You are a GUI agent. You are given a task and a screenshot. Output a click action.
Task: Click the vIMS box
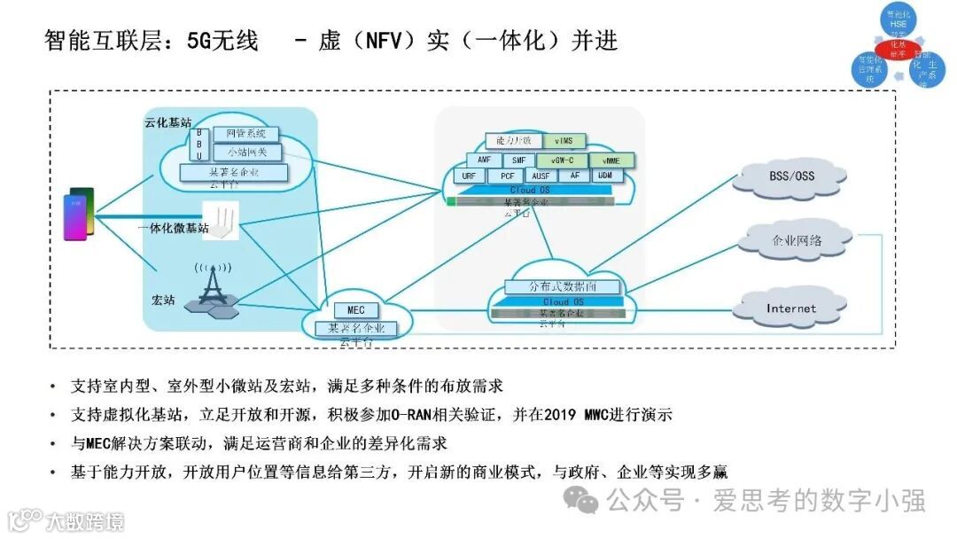(564, 141)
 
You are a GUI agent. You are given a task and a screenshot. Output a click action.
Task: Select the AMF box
(484, 160)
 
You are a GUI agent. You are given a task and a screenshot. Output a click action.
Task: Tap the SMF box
(519, 160)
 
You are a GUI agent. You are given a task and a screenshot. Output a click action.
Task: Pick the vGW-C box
(563, 160)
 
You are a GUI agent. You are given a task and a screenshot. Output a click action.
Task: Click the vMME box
(611, 160)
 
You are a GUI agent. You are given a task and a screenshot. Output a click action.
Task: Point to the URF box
(469, 176)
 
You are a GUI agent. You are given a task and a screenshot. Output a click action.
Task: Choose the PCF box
(508, 176)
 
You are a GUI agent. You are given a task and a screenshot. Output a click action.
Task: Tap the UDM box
(604, 176)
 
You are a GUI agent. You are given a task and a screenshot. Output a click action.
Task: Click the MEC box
(356, 310)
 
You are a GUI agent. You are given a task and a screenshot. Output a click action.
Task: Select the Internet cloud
(790, 309)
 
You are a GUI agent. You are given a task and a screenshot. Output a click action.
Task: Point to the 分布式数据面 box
(563, 286)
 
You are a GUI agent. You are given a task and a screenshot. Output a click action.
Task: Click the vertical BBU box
(199, 145)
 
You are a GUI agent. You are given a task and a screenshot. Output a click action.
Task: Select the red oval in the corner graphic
(899, 47)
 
